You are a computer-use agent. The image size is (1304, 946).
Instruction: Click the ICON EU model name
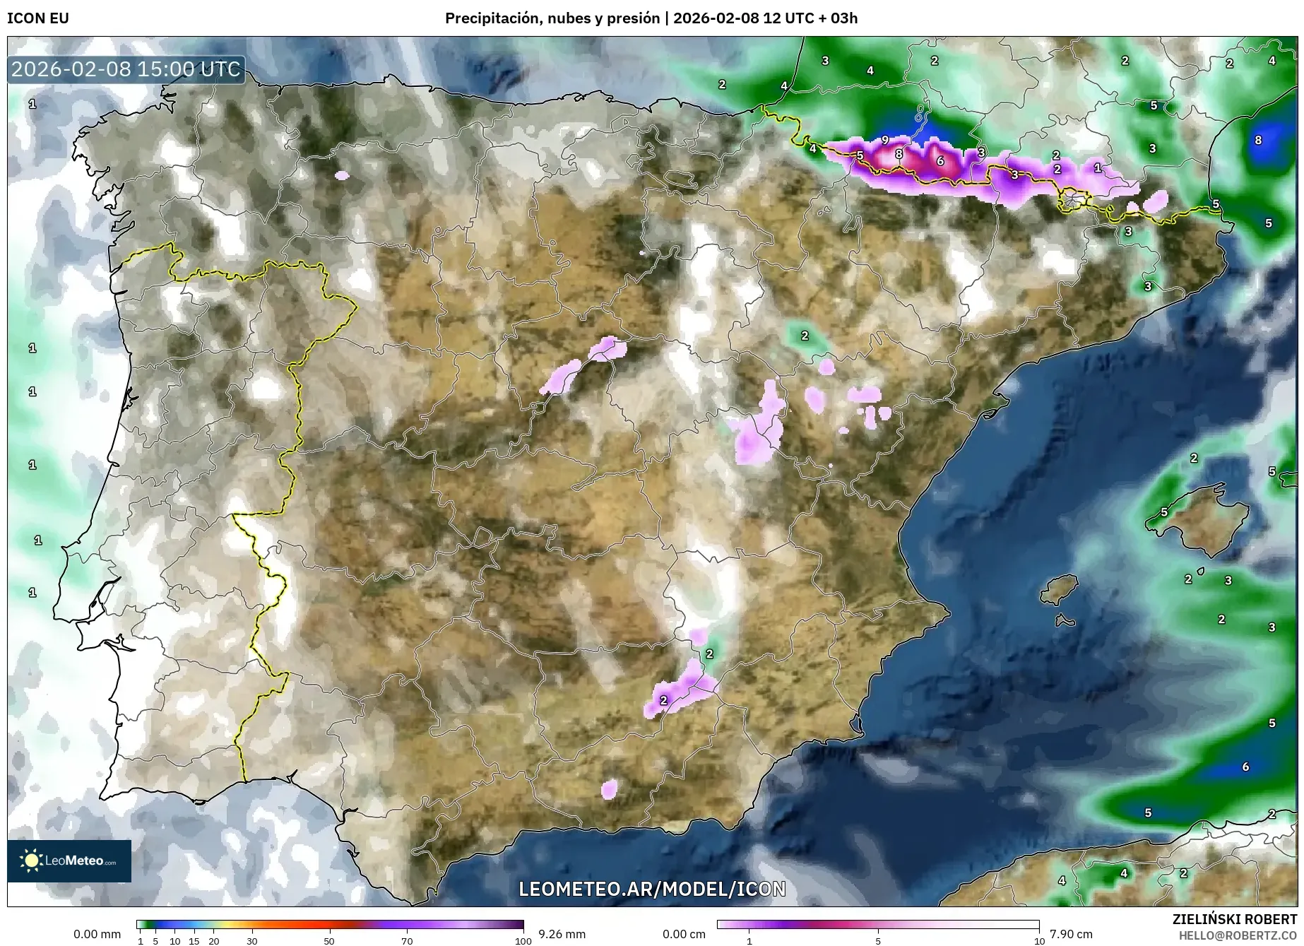coord(38,18)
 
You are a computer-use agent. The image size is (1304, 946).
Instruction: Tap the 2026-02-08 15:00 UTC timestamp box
coord(126,69)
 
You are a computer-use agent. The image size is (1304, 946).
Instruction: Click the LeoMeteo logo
coord(69,861)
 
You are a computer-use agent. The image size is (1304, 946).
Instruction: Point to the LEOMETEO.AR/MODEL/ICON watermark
coord(651,888)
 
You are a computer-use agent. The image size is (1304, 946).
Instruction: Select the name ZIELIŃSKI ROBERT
coord(1234,919)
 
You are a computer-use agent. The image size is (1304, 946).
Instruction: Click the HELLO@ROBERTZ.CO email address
coord(1238,935)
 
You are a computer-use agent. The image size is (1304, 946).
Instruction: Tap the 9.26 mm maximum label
coord(562,934)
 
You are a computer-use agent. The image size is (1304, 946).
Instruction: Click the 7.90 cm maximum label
coord(1071,934)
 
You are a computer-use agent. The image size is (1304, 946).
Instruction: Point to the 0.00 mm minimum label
coord(97,934)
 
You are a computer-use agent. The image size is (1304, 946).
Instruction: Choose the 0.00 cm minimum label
coord(684,934)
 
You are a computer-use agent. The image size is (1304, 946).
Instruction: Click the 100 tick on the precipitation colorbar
coord(523,940)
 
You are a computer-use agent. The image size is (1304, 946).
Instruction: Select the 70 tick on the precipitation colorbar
coord(407,940)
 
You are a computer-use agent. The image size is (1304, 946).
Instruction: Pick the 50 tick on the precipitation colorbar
coord(329,940)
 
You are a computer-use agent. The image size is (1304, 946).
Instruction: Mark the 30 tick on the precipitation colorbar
coord(252,940)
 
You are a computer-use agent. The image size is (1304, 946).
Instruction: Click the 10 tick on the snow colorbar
coord(1039,940)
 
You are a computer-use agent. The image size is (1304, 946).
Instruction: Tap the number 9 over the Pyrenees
coord(885,140)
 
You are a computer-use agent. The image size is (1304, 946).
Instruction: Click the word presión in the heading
coord(634,18)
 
